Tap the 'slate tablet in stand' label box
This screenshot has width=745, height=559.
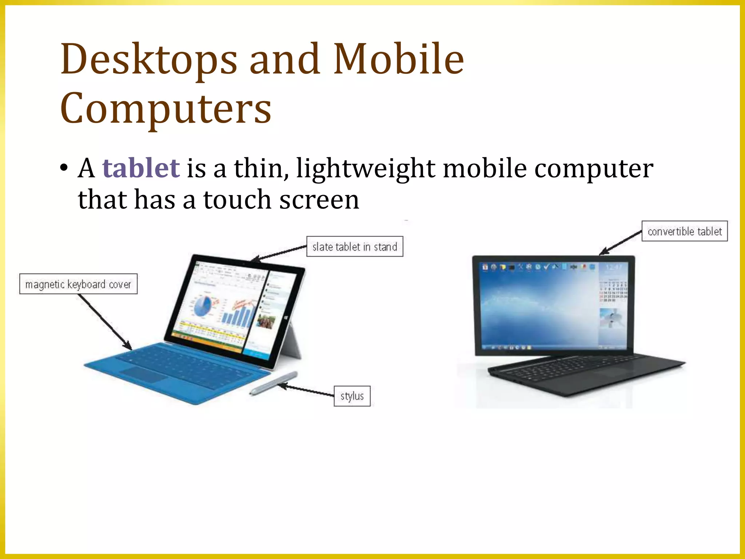pos(355,247)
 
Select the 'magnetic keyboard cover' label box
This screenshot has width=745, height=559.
pos(78,284)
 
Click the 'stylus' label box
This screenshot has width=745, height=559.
pos(352,396)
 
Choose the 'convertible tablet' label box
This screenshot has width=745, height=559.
pos(684,231)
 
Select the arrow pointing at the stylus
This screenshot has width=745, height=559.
pos(306,389)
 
